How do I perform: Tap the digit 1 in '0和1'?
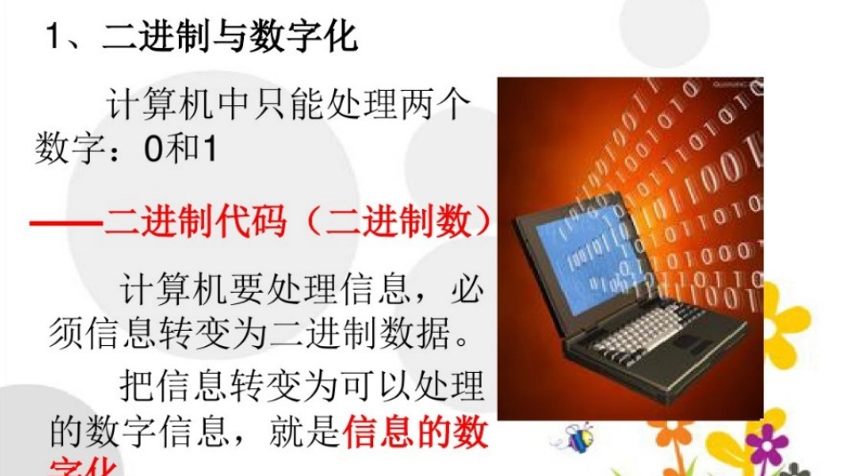(x=209, y=148)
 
